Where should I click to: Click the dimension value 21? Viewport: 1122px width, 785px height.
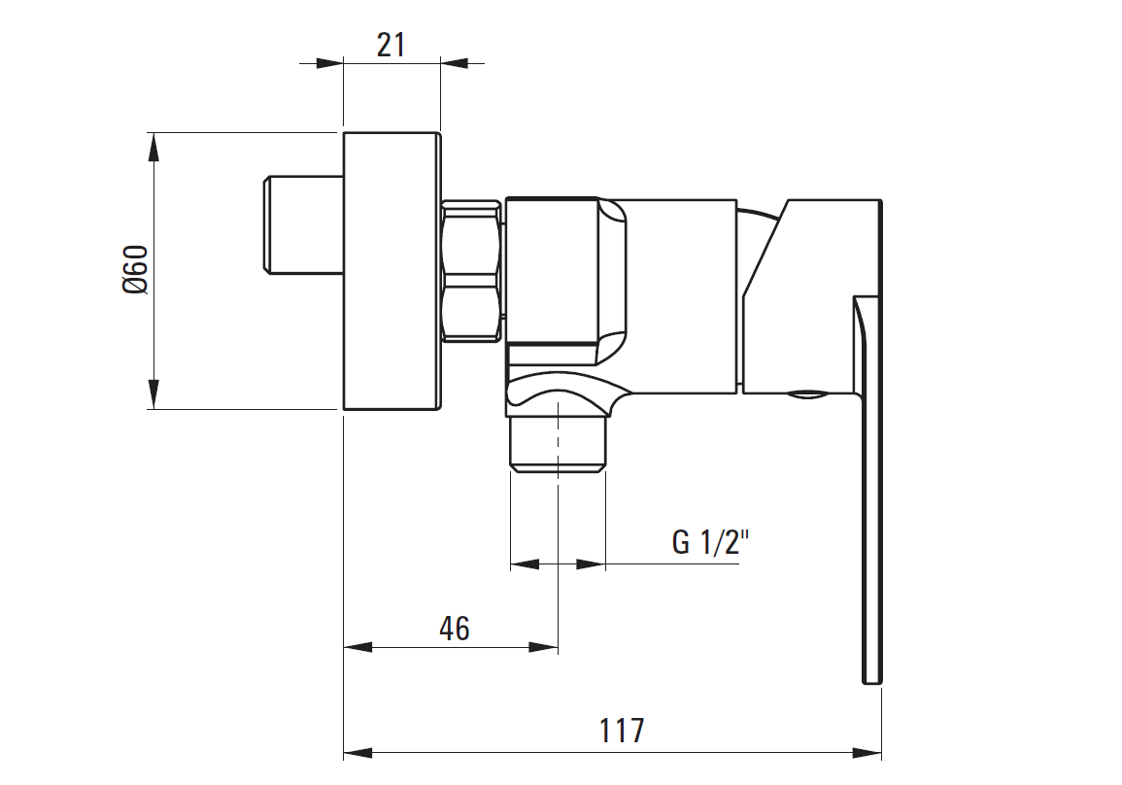point(391,45)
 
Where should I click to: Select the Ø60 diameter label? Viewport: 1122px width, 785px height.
point(135,269)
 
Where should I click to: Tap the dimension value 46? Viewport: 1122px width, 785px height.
point(455,629)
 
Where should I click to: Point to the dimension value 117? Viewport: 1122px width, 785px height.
point(622,731)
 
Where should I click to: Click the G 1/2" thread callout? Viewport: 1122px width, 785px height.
point(710,542)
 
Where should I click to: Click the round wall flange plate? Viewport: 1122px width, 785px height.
point(391,271)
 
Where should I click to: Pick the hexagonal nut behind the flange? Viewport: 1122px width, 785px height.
point(471,271)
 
